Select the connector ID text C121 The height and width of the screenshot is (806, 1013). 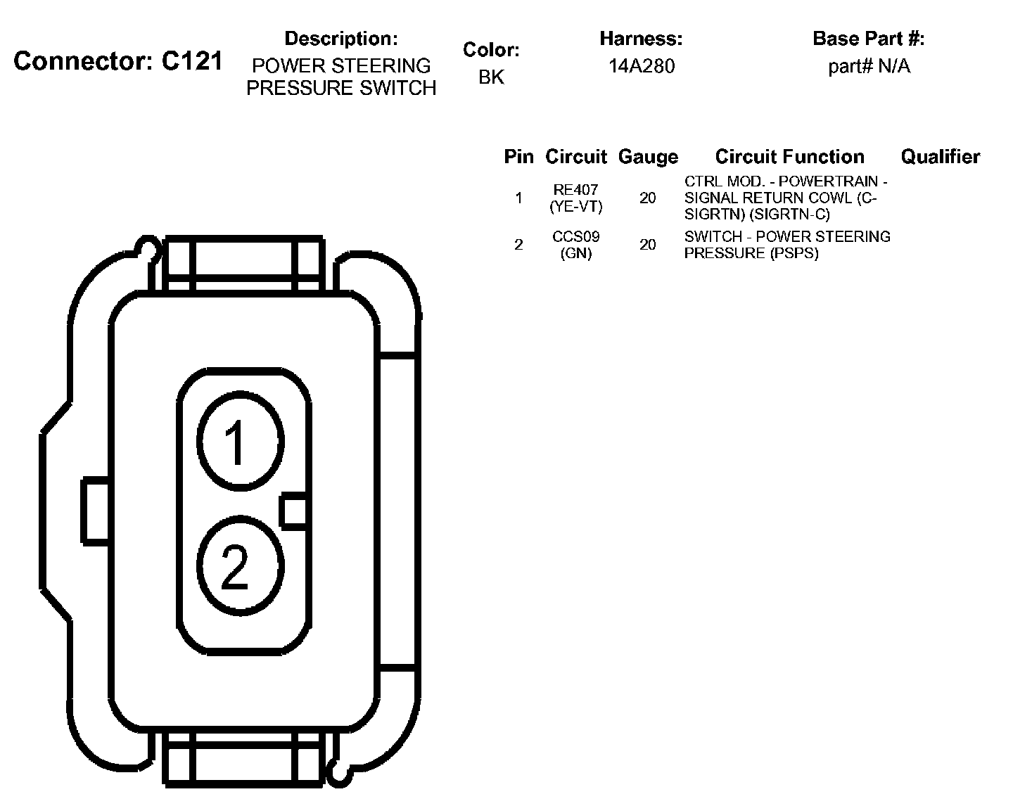point(192,61)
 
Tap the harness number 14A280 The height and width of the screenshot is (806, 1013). point(642,66)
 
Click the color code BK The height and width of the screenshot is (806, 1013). point(492,77)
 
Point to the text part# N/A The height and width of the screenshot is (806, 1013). point(869,66)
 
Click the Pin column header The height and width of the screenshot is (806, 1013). point(518,157)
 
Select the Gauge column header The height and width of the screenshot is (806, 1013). point(648,158)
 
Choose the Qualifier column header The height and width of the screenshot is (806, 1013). point(941,157)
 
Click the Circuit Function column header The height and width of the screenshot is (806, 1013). point(790,157)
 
